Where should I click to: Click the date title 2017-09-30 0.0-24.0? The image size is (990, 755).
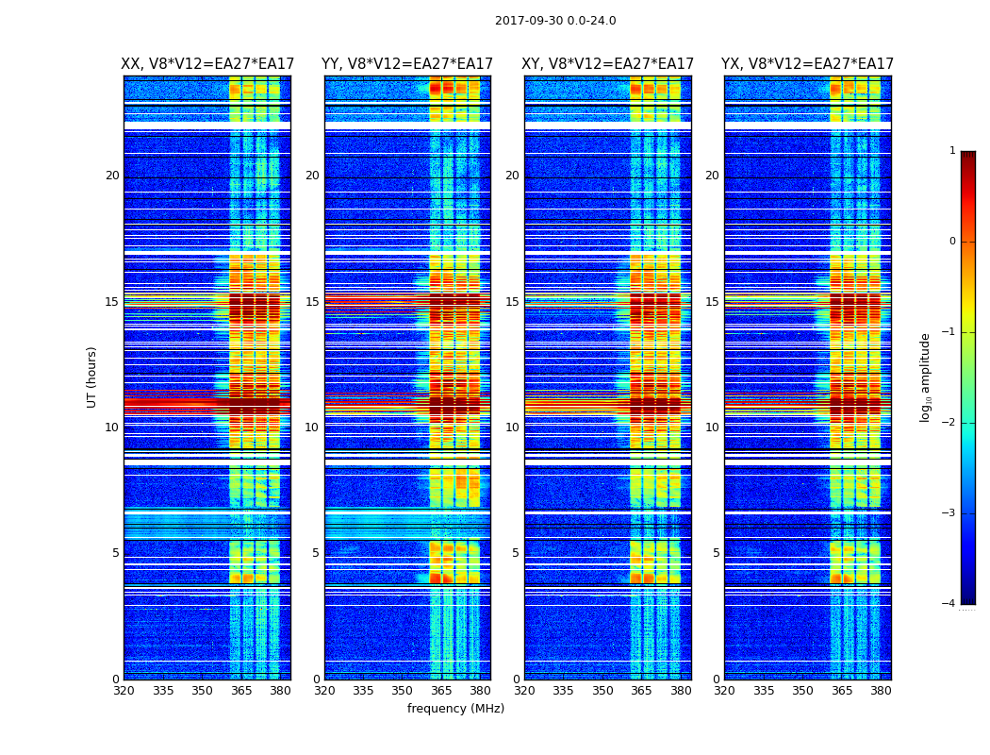click(x=555, y=21)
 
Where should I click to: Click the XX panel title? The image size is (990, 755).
click(x=207, y=64)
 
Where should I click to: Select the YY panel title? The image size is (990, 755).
click(x=407, y=64)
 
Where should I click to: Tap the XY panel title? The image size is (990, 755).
click(x=608, y=64)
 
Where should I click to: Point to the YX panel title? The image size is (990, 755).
click(x=807, y=64)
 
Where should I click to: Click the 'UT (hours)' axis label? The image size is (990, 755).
click(x=92, y=377)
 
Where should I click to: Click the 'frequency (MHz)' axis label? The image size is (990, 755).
click(x=455, y=709)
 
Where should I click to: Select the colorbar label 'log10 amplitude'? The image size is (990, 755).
click(x=926, y=377)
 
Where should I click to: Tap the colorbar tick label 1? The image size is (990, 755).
click(x=952, y=151)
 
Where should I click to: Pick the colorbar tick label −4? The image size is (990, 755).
click(x=949, y=604)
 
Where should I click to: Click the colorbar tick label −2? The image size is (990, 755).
click(x=949, y=423)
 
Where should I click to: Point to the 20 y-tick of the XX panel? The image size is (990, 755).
click(x=112, y=176)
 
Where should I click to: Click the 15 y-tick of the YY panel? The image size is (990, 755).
click(x=312, y=302)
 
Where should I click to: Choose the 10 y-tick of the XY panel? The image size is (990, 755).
click(x=512, y=428)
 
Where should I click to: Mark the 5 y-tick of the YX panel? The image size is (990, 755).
click(x=716, y=553)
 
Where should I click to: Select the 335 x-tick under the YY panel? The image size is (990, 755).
click(x=363, y=691)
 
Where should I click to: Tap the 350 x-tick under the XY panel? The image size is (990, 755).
click(x=602, y=691)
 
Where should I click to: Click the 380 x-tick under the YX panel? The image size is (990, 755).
click(x=881, y=691)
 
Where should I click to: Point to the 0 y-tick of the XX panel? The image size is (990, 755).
click(x=116, y=679)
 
